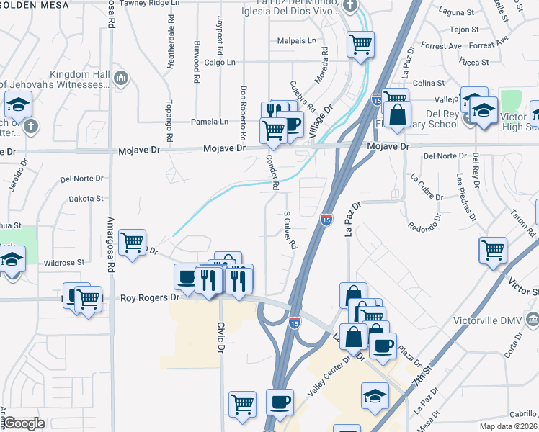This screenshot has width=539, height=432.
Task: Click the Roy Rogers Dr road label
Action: coord(148,297)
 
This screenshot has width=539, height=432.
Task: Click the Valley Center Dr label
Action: coord(331,372)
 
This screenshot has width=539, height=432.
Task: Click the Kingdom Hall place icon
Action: coord(121,77)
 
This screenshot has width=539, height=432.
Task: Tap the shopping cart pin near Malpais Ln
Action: coord(360,44)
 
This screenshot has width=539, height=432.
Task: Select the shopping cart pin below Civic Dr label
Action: coord(242,403)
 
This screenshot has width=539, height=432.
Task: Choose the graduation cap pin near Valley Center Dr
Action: coord(375,395)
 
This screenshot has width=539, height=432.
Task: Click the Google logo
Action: coord(24,423)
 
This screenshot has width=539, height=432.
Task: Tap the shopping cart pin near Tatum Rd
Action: coord(493,250)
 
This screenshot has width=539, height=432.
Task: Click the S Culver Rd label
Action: coord(290,230)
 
